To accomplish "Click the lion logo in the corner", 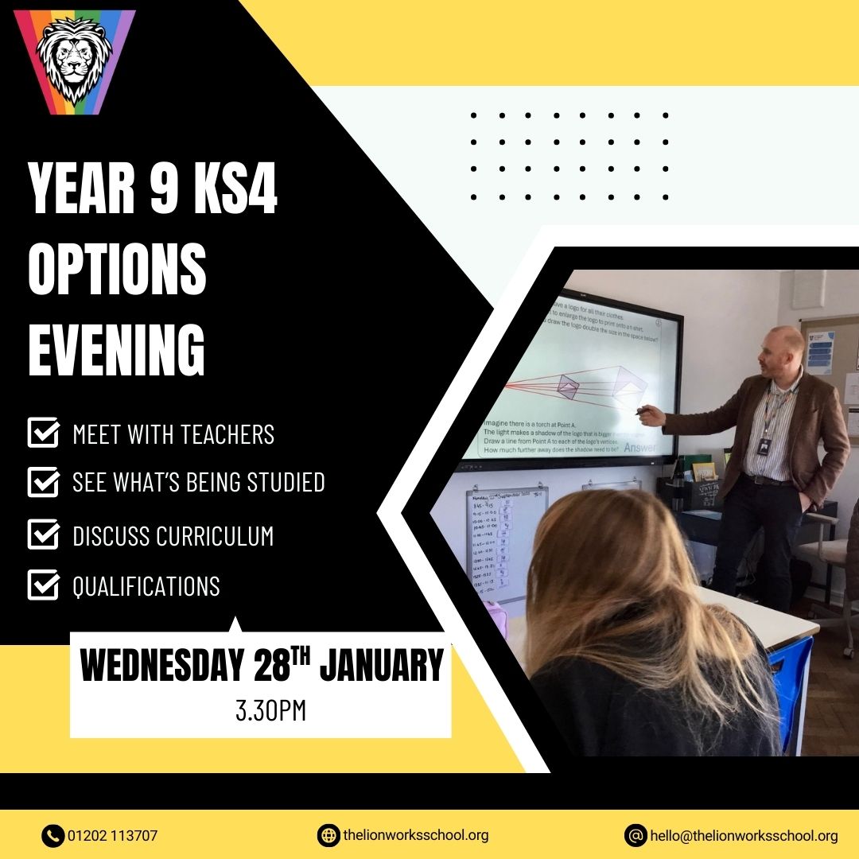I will pos(75,62).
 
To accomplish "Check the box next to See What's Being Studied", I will pos(43,481).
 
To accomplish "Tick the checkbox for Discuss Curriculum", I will pos(43,534).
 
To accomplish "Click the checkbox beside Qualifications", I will pos(43,586).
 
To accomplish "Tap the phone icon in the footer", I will pos(52,836).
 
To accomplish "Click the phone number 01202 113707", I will pos(113,836).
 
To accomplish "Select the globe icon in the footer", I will pos(328,836).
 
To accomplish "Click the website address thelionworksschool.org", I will pos(416,836).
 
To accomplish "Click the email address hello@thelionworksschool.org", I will pos(744,836).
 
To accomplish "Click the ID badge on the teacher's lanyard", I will pos(764,447).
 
